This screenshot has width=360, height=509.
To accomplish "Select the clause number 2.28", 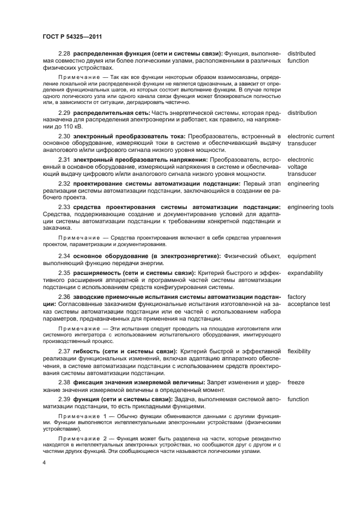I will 65,54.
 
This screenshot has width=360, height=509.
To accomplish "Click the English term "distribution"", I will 302,113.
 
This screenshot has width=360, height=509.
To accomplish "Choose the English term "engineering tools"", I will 310,207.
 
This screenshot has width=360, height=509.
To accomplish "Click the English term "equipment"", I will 302,256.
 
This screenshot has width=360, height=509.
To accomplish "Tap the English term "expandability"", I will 305,273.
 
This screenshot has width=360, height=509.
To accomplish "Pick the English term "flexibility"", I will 299,351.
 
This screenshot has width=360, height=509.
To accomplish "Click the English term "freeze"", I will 296,382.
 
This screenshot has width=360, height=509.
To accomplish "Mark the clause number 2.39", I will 65,399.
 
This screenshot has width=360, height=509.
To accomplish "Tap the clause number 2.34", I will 65,256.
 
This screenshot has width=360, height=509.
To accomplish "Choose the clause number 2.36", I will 65,297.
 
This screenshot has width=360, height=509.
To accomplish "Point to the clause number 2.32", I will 65,184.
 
